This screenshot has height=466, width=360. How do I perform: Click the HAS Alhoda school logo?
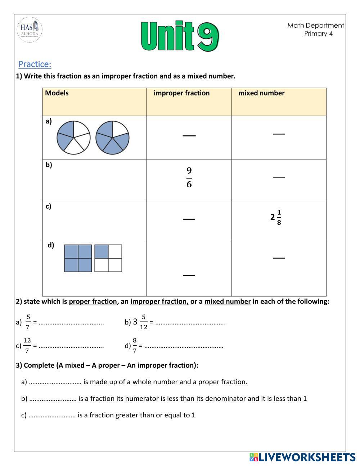coord(30,30)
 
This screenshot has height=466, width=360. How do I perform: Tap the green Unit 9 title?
coord(180,36)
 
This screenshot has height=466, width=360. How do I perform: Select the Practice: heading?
coord(35,64)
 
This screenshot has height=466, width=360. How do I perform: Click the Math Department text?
coord(315,25)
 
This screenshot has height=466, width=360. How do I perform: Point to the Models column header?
coord(57,93)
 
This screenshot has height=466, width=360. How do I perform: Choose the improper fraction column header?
coord(181,93)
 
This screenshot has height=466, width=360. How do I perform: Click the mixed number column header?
coord(261,93)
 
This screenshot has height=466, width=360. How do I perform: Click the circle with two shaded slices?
coord(73,138)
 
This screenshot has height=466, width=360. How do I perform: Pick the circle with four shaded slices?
coord(112,138)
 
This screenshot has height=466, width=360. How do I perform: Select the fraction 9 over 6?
coord(189,178)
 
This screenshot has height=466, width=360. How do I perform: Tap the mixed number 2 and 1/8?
coord(276,217)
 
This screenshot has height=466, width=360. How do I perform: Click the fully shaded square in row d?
coord(78,258)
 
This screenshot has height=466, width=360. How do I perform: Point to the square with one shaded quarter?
coord(108,258)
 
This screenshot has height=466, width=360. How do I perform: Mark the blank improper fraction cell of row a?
coord(189,135)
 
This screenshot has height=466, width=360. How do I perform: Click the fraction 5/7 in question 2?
coord(28,322)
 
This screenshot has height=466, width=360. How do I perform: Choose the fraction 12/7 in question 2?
coord(27,346)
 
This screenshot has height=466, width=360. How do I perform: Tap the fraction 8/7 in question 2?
coord(135,346)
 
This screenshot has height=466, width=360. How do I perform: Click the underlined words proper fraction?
coord(93,301)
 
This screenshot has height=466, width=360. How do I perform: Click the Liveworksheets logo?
coord(302,457)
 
